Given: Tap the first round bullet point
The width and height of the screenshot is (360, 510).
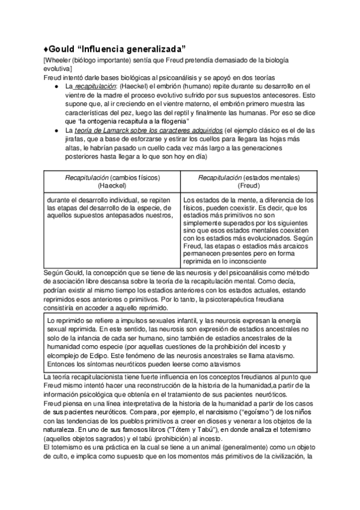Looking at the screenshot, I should click(x=55, y=87).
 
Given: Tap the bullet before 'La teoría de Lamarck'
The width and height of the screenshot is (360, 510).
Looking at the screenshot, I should click(x=55, y=131).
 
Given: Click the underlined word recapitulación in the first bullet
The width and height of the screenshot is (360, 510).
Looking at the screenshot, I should click(x=93, y=87).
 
